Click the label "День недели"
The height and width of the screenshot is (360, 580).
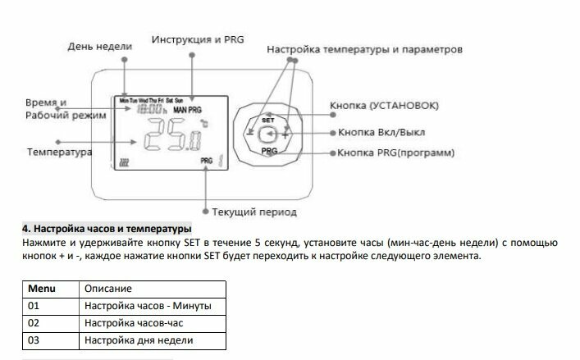tap(99, 47)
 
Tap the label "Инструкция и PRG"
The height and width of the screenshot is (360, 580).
tap(197, 39)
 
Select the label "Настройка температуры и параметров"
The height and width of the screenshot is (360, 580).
tap(364, 50)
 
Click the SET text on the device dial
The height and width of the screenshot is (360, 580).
tap(267, 120)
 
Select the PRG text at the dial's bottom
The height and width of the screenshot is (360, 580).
tap(268, 152)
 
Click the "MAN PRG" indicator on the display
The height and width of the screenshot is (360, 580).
tap(188, 110)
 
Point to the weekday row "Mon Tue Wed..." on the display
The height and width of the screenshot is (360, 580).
tap(152, 100)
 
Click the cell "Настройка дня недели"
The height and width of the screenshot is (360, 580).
tap(152, 340)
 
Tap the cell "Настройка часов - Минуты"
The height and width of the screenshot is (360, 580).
tap(152, 306)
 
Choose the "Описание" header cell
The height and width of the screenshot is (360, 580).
tap(152, 289)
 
